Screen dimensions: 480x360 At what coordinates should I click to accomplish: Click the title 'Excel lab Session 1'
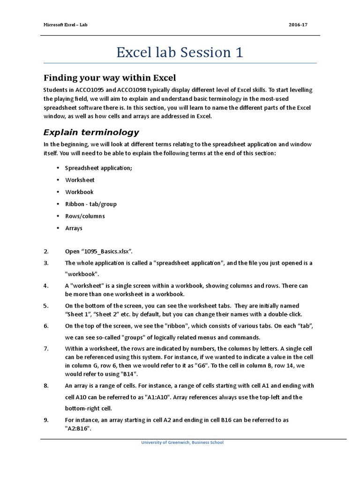pos(180,52)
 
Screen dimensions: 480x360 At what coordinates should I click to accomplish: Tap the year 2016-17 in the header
pos(298,24)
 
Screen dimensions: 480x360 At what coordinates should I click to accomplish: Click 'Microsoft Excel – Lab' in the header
pos(65,24)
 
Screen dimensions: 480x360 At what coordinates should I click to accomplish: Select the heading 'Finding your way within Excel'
pos(110,77)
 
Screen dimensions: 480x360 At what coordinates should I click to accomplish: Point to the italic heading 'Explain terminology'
pos(91,132)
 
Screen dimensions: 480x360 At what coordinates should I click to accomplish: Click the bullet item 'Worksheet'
pos(80,180)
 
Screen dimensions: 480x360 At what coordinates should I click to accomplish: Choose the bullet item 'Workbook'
pos(79,192)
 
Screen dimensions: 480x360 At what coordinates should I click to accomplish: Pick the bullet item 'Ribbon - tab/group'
pos(91,204)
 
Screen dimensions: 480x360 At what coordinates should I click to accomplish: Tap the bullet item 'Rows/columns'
pos(85,217)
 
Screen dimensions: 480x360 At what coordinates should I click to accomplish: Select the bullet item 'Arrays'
pos(74,228)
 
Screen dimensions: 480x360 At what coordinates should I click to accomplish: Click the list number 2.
pos(46,251)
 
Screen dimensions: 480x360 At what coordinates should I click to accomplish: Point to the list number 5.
pos(46,306)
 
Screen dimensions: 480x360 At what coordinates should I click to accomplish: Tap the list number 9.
pos(46,420)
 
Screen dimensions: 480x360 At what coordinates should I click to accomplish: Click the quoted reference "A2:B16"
pos(77,428)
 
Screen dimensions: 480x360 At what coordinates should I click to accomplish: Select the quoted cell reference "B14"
pos(129,374)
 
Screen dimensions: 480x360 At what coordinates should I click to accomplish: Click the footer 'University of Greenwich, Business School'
pos(182,442)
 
